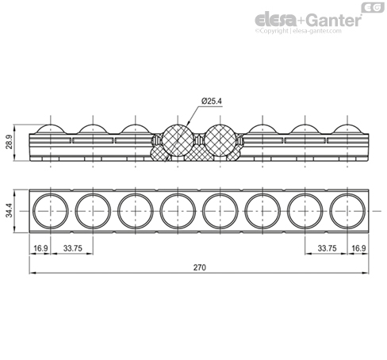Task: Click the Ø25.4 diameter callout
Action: pos(212,101)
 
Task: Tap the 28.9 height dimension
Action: pos(10,142)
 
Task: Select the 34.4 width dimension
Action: pos(10,210)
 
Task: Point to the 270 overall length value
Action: pos(199,267)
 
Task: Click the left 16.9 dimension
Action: pos(40,248)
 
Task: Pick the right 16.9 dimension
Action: pos(358,248)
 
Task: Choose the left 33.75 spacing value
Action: pos(73,248)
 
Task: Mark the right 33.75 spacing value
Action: pos(327,248)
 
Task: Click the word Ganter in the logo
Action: pos(335,20)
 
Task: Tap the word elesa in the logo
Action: pos(276,20)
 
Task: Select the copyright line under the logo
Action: pos(298,31)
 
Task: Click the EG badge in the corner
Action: pos(373,7)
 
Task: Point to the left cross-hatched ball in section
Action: pos(178,140)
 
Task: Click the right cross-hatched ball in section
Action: pos(220,140)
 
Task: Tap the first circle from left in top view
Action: pos(51,211)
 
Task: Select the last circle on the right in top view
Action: pos(347,211)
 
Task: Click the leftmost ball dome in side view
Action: pos(51,129)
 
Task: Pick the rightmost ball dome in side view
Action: pos(347,129)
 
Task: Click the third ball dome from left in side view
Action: pos(136,129)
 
